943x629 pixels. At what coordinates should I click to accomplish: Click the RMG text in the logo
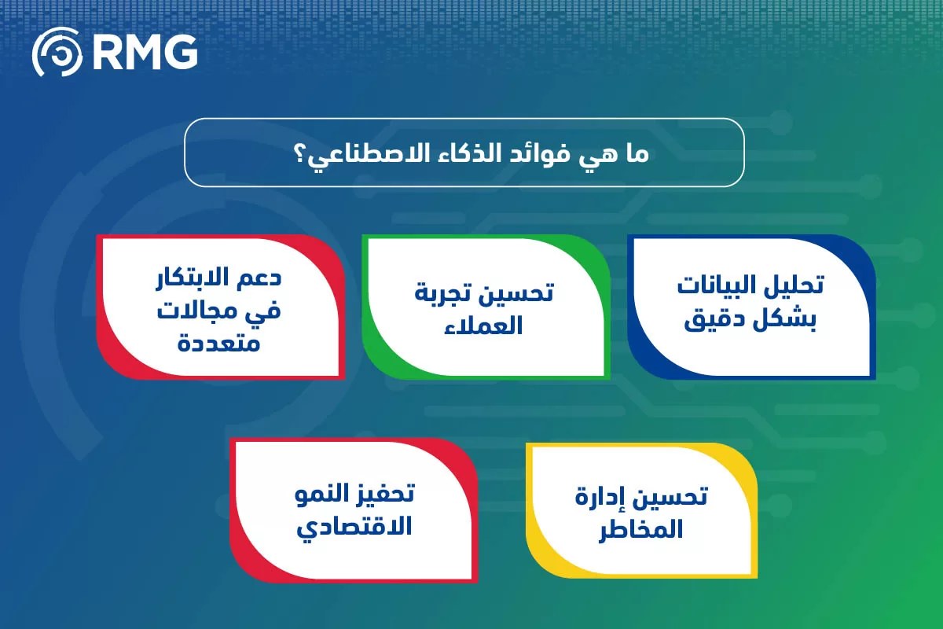(x=145, y=53)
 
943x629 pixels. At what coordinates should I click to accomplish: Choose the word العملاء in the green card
(x=483, y=326)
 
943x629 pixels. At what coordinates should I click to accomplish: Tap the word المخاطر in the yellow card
(x=640, y=529)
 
